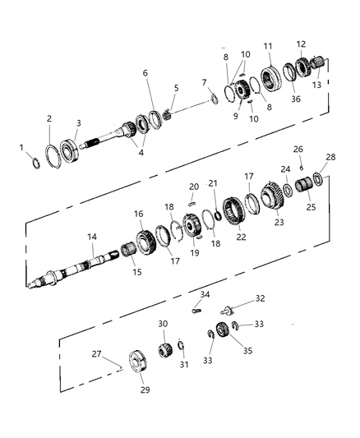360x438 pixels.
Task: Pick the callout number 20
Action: point(194,187)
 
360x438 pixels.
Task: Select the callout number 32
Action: point(261,298)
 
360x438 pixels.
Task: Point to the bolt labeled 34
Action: point(197,311)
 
